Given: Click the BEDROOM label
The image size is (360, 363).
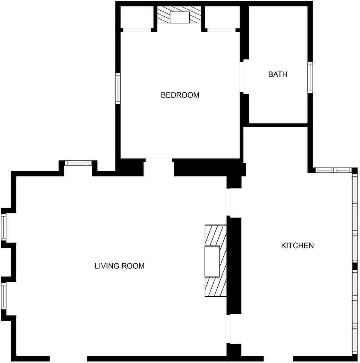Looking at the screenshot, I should click(180, 95).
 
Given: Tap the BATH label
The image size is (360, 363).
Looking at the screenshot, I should click(277, 74).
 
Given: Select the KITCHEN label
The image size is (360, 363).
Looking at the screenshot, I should click(297, 246).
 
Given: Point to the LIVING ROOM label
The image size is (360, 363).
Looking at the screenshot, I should click(119, 266).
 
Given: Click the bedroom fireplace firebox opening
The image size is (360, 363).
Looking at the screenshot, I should click(179, 17).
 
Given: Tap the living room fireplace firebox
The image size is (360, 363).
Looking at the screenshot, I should click(212, 261).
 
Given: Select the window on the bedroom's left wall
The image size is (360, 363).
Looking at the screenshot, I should click(118, 88).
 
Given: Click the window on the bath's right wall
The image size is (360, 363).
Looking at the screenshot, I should click(310, 78).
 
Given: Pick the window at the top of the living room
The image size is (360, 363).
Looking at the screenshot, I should click(78, 163).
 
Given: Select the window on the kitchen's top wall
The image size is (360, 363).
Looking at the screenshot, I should click(334, 170).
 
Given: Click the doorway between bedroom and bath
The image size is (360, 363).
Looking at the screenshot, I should click(242, 77).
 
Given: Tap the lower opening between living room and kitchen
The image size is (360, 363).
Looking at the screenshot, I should click(229, 329).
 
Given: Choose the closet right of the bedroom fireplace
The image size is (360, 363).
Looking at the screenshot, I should click(221, 17).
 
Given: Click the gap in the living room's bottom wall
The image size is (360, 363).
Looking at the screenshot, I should click(68, 358).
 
